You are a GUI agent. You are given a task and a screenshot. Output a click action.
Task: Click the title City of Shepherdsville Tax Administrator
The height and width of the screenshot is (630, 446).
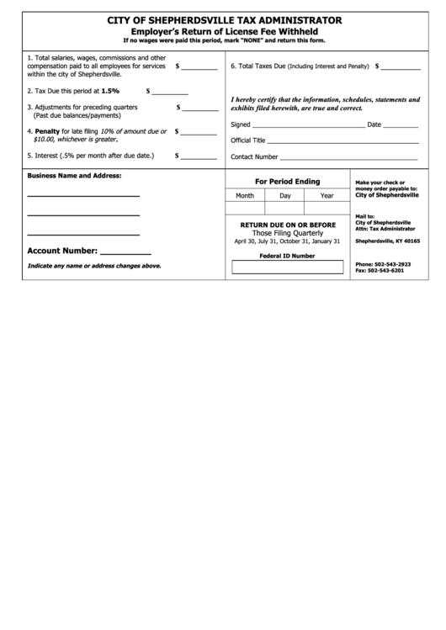(x=223, y=19)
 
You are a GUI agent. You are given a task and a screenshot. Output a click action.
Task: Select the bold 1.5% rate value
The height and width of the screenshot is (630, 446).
(x=110, y=89)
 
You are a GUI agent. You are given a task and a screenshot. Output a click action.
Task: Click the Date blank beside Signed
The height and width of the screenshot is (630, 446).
(x=401, y=124)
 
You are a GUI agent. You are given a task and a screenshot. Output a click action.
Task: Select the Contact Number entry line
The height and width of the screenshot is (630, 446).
(x=348, y=157)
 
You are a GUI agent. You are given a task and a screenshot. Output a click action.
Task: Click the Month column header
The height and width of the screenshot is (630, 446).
(x=245, y=195)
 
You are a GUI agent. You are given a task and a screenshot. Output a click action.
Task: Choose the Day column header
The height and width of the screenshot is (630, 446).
(x=285, y=195)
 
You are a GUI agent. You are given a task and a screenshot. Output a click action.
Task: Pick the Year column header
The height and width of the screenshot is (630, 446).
(x=327, y=195)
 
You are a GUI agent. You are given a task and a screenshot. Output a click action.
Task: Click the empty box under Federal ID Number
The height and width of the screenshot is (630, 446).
(x=287, y=267)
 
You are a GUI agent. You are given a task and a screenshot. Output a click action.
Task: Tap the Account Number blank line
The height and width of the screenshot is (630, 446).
(x=125, y=252)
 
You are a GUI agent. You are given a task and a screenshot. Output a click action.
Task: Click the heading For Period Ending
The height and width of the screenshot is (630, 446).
(x=287, y=181)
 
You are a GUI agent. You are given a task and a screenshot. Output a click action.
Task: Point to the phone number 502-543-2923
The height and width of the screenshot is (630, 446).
(x=394, y=263)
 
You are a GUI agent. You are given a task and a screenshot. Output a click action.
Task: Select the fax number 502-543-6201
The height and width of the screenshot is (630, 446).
(x=391, y=271)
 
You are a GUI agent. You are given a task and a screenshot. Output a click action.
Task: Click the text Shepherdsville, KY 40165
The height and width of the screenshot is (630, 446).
(x=387, y=241)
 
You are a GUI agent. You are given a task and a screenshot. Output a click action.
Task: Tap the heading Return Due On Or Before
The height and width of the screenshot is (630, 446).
(x=288, y=225)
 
